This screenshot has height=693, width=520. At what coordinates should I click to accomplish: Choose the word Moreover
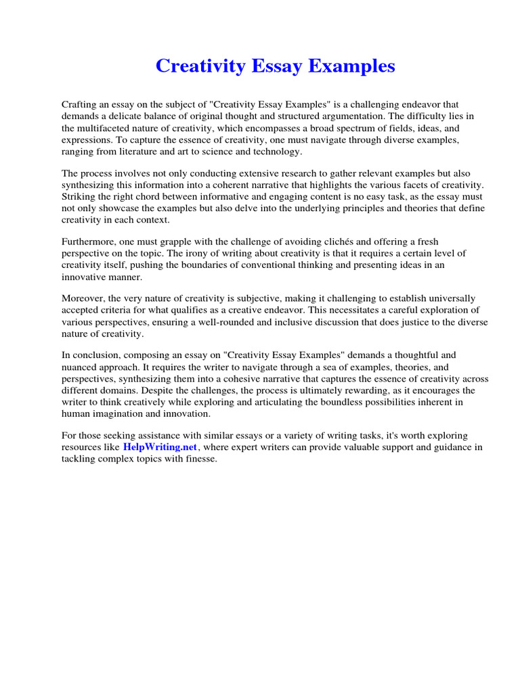point(83,298)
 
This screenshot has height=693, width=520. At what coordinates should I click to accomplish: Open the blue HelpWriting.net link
point(160,448)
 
